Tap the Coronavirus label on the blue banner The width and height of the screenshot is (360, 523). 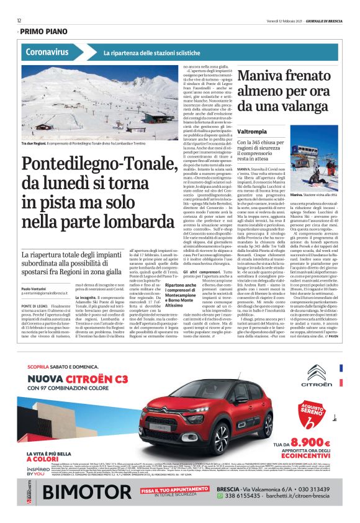click(47, 52)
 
